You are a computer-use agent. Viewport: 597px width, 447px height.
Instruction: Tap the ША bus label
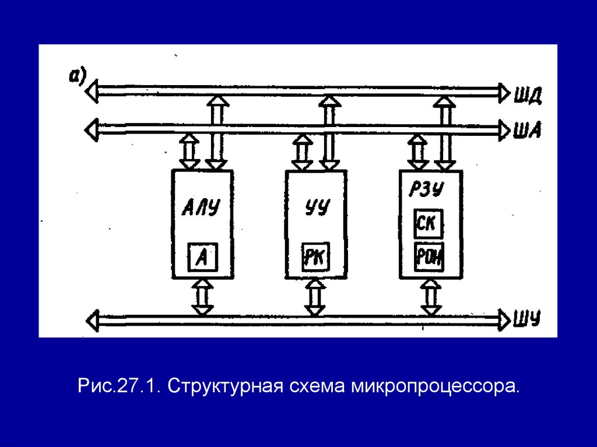(x=528, y=130)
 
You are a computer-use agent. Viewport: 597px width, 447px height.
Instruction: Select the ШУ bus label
(x=528, y=318)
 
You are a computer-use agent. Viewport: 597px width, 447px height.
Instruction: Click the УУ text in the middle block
(x=317, y=209)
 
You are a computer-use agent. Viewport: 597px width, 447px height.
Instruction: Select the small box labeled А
(x=202, y=256)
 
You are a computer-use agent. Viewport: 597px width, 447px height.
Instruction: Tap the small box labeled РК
(x=315, y=257)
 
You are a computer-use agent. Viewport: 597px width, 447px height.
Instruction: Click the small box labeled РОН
(x=430, y=257)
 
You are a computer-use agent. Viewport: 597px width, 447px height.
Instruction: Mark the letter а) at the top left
(x=78, y=75)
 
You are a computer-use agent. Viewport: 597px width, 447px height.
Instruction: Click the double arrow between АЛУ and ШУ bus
(x=202, y=297)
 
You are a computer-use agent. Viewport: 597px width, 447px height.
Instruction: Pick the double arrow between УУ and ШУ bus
(x=315, y=297)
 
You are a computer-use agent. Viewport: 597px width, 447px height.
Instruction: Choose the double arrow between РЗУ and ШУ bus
(x=430, y=297)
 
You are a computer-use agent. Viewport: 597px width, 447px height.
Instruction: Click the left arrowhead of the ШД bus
(x=92, y=91)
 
